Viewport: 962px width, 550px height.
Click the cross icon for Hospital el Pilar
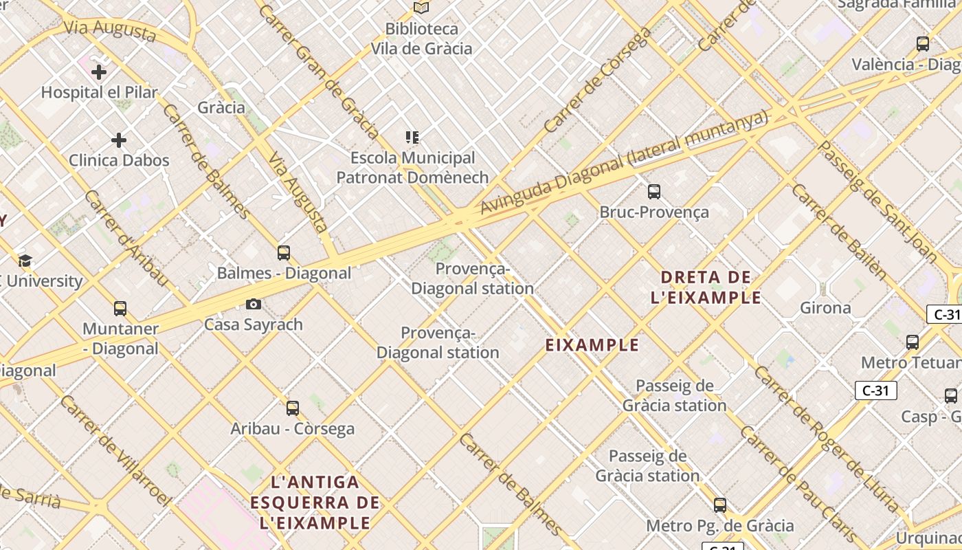(99, 71)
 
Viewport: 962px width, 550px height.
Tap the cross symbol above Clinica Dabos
(119, 140)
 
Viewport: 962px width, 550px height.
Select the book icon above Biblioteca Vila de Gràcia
(421, 8)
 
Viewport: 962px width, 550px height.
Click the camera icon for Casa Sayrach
(254, 304)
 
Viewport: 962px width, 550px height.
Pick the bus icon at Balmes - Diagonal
(284, 252)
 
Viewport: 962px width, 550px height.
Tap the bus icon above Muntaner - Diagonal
(120, 308)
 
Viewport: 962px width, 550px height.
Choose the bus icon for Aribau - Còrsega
(293, 408)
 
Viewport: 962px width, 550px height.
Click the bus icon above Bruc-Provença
(654, 192)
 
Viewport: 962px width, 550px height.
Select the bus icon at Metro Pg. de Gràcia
(720, 505)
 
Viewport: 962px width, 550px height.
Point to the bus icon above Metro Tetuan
(913, 342)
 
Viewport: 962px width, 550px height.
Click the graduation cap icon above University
(25, 261)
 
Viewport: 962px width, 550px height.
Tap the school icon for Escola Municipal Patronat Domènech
(412, 137)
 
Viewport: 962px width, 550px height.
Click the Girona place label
(825, 307)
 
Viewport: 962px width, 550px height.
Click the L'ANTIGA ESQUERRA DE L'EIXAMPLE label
(315, 503)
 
